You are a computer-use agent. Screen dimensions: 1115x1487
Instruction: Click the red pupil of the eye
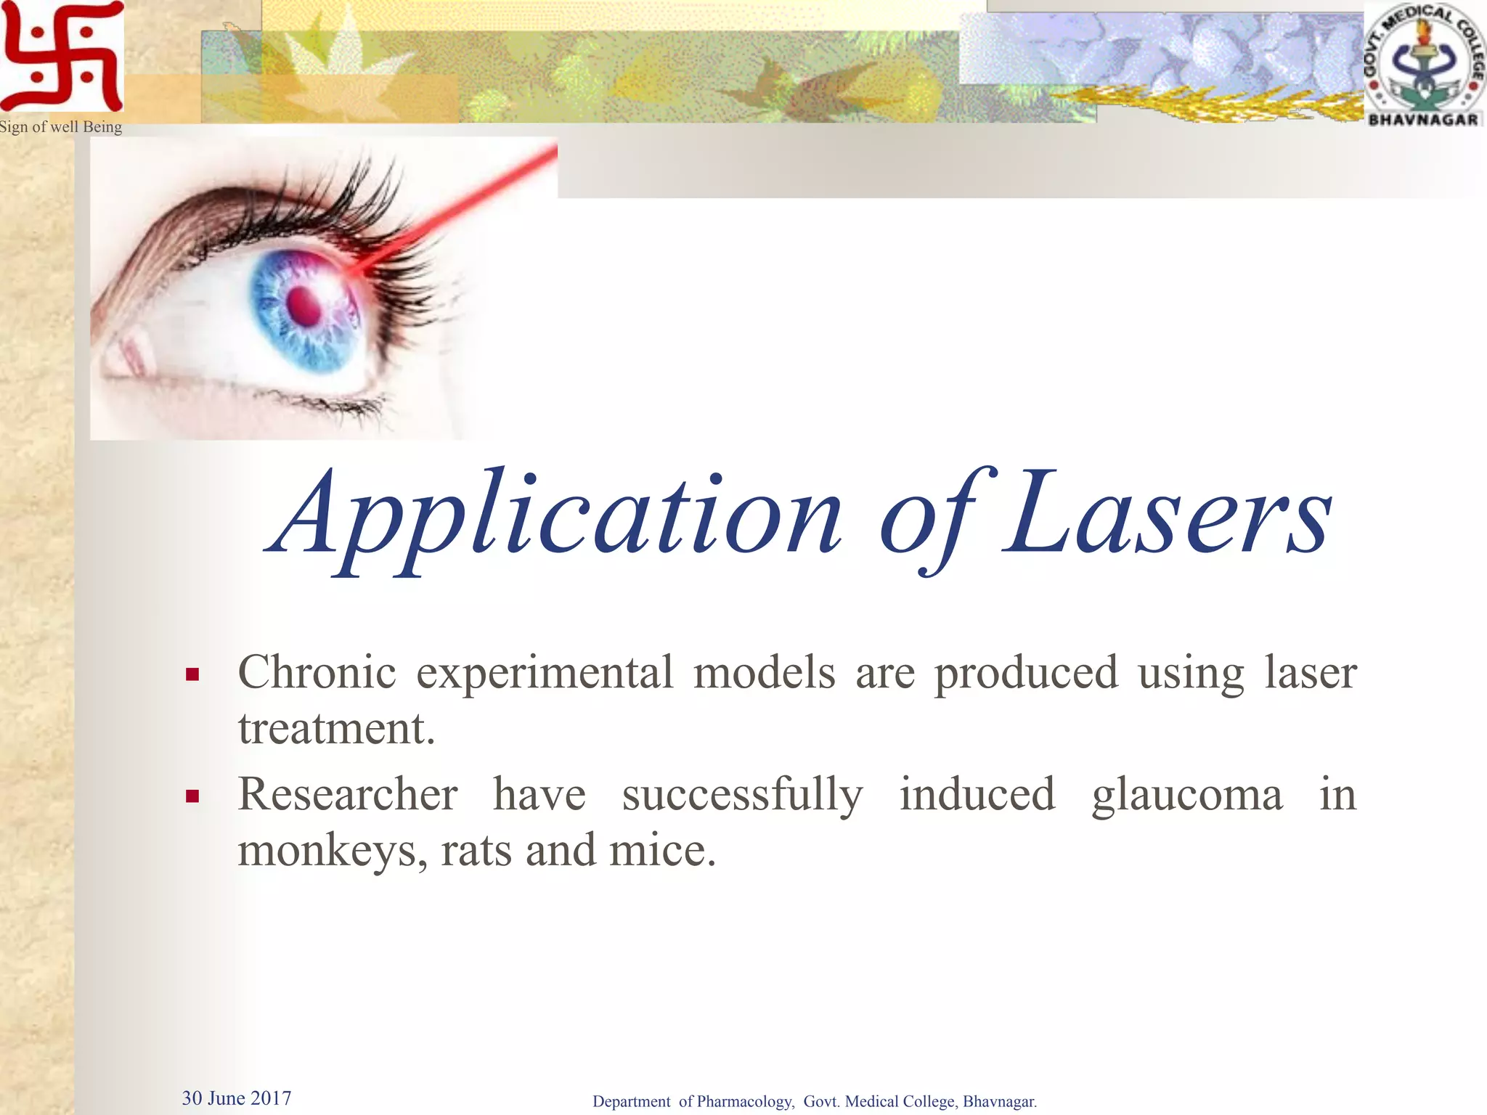click(x=303, y=306)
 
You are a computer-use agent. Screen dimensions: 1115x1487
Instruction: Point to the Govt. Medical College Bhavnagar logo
click(x=1423, y=64)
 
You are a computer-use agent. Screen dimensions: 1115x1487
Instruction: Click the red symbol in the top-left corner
click(x=62, y=57)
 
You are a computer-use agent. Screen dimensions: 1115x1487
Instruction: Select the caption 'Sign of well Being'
click(x=61, y=127)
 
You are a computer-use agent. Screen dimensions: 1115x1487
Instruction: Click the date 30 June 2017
click(x=236, y=1098)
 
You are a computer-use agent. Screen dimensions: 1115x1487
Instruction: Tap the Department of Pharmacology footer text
click(x=814, y=1101)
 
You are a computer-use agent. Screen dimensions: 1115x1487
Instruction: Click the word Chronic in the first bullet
click(x=317, y=672)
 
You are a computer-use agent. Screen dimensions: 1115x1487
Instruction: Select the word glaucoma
click(x=1186, y=795)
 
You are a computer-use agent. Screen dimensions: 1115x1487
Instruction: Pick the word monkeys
click(x=332, y=851)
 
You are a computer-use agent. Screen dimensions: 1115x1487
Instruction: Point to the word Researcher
click(x=348, y=794)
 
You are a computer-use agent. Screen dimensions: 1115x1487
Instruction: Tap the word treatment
click(x=336, y=728)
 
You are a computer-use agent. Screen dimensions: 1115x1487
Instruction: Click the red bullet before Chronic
click(x=192, y=675)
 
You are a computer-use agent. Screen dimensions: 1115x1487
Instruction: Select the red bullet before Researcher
click(x=192, y=797)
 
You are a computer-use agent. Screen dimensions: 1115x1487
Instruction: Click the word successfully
click(x=742, y=795)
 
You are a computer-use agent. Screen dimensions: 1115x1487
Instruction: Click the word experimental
click(x=545, y=674)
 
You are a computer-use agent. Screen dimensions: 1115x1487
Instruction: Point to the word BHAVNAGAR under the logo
click(x=1422, y=119)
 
